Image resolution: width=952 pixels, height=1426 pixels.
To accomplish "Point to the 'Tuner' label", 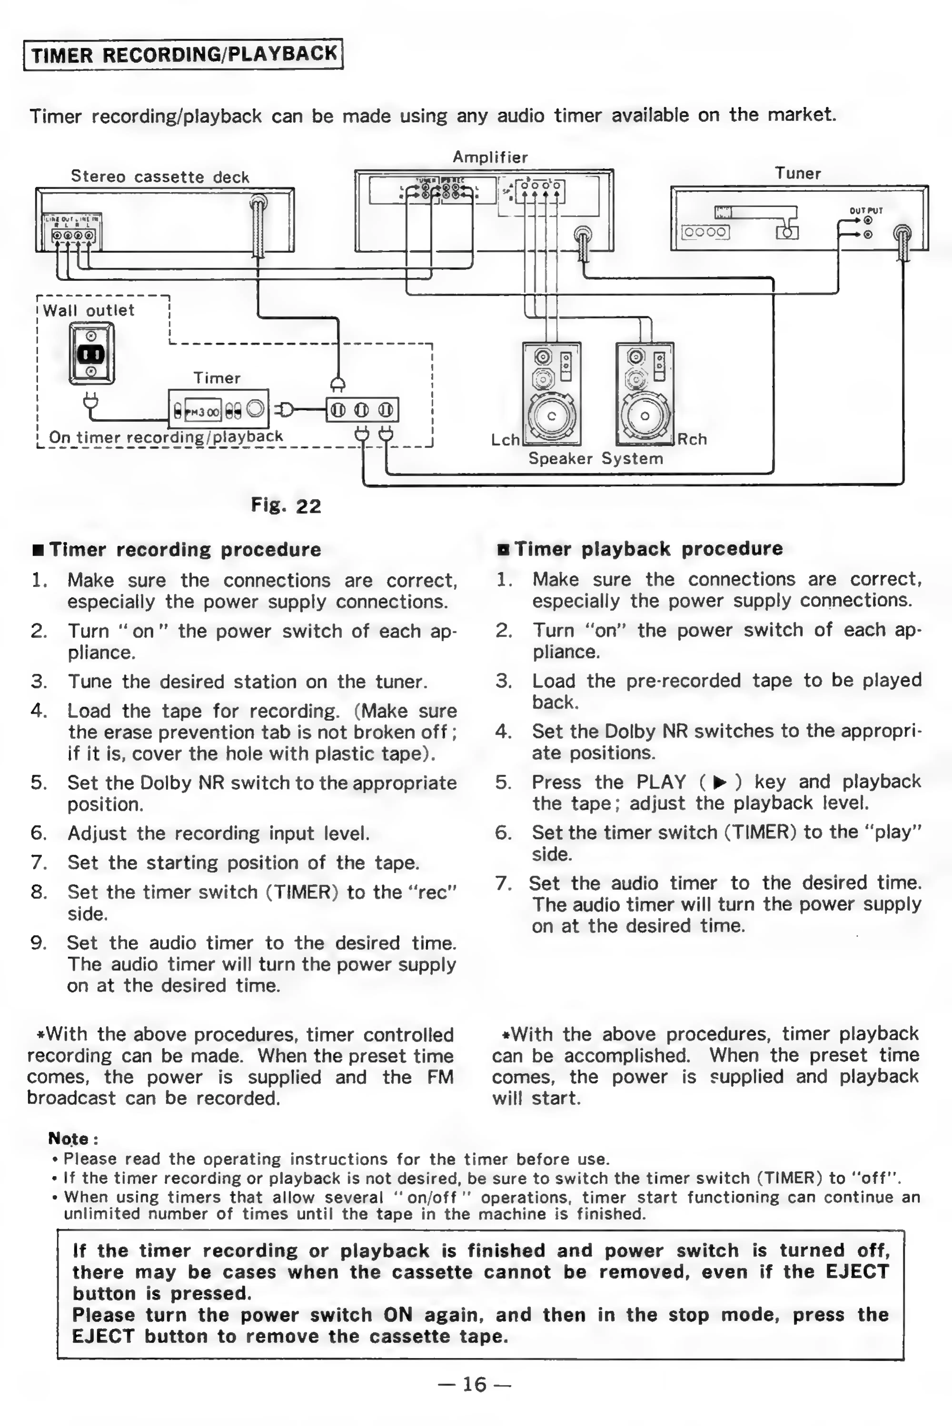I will click(x=798, y=174).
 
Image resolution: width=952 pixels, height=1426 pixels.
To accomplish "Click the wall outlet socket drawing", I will click(x=92, y=353).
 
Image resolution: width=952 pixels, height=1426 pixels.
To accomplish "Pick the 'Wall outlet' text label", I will click(x=89, y=310).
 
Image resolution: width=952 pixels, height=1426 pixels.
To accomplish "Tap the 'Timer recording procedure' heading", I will click(x=185, y=550).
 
